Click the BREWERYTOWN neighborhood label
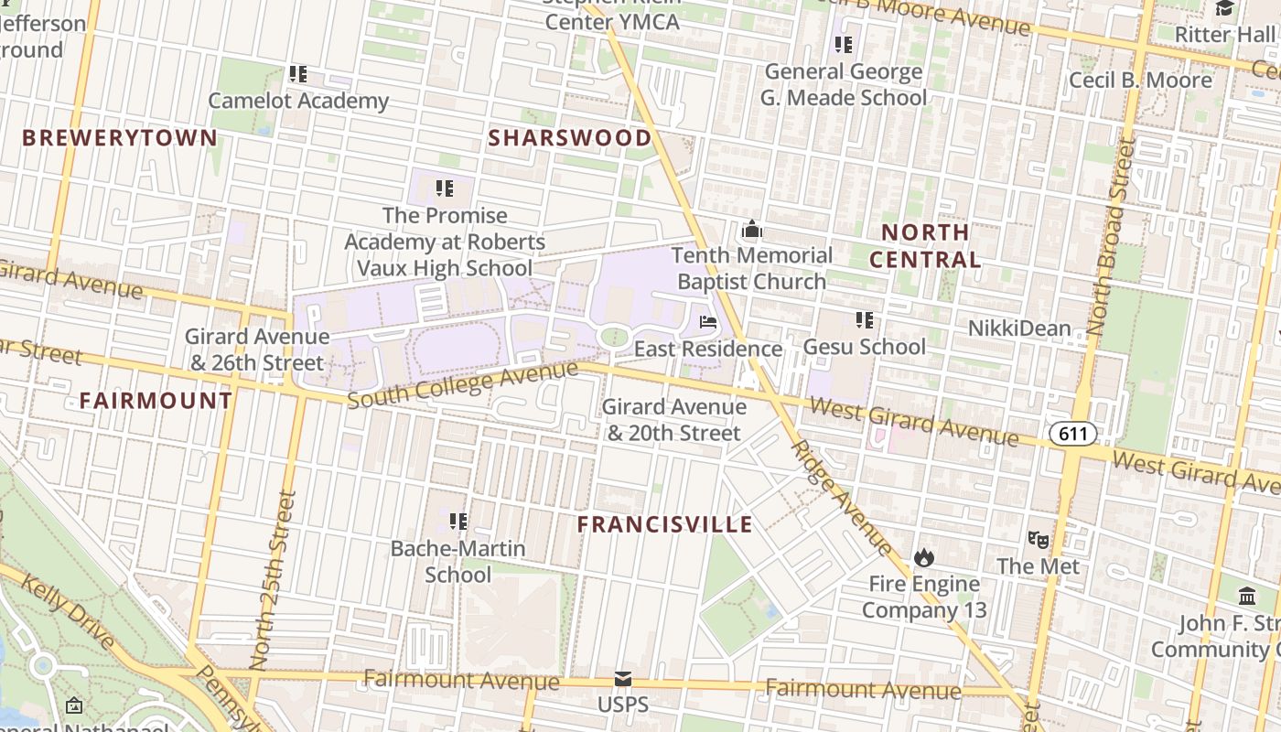pos(120,138)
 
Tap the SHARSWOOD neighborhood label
pos(570,138)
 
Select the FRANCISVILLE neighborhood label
pos(665,524)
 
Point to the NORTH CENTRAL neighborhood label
pos(925,245)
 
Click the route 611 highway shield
pos(1072,433)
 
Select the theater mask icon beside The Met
pos(1037,539)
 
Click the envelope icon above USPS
pos(623,679)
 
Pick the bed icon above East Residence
pos(708,322)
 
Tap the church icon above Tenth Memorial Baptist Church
pos(752,229)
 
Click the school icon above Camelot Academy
pos(298,73)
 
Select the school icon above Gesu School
pos(865,320)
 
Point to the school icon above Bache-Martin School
pos(458,522)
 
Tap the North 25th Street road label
pos(273,580)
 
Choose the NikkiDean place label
pos(1019,328)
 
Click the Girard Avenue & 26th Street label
pos(255,350)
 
